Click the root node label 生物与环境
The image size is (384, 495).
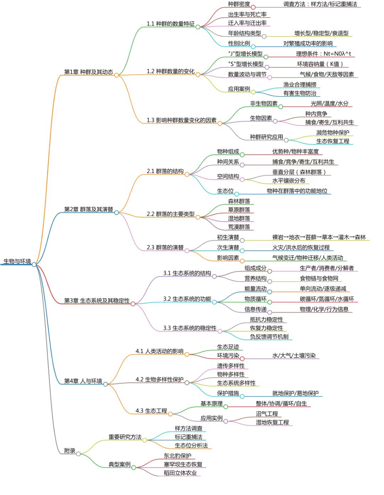[17, 261]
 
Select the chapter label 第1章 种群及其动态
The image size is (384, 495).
[89, 72]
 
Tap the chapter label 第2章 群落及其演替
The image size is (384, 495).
[89, 210]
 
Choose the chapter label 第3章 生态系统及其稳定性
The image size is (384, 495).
[97, 301]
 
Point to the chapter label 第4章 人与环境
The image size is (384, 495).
[83, 381]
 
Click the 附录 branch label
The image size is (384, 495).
[70, 451]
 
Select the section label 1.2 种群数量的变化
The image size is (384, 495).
[171, 71]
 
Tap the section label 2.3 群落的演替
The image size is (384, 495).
[165, 247]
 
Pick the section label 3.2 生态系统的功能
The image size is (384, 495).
[187, 299]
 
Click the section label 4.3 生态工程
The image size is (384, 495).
[151, 411]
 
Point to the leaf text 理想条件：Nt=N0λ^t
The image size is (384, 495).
[324, 54]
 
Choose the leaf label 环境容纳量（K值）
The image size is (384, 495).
[320, 64]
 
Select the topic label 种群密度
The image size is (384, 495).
[239, 4]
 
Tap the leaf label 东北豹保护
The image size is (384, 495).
[177, 456]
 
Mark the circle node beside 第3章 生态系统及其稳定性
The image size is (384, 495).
[133, 304]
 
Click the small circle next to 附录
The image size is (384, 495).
[78, 454]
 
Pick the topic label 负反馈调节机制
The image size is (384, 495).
[269, 337]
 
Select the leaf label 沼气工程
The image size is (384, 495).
[267, 414]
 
